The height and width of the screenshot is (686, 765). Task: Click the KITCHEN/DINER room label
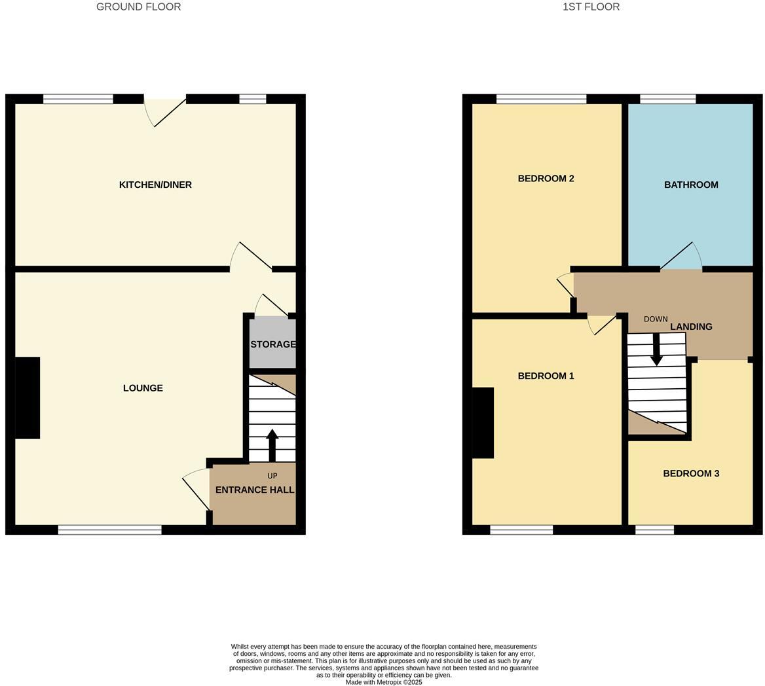(155, 185)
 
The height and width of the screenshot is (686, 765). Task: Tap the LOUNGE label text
(143, 388)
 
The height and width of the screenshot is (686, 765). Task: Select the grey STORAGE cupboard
(272, 344)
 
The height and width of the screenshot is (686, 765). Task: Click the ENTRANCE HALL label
(254, 490)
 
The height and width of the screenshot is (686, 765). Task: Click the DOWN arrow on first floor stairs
(656, 350)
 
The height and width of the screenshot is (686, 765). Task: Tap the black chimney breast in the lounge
(28, 397)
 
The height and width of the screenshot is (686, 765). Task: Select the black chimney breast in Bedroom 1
(483, 423)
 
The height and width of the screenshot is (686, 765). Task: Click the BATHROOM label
(691, 185)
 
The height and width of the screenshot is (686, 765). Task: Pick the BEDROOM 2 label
(546, 179)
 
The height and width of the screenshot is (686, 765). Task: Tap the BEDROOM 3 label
(691, 473)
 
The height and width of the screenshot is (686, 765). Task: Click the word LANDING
(691, 327)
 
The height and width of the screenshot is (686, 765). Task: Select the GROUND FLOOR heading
(138, 7)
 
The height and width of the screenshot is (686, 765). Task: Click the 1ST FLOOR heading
(591, 7)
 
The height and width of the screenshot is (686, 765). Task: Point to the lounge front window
(109, 530)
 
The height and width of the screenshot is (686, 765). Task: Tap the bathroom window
(667, 99)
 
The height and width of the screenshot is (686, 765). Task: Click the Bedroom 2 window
(541, 99)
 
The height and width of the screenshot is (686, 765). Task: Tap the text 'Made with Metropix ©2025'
(384, 682)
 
